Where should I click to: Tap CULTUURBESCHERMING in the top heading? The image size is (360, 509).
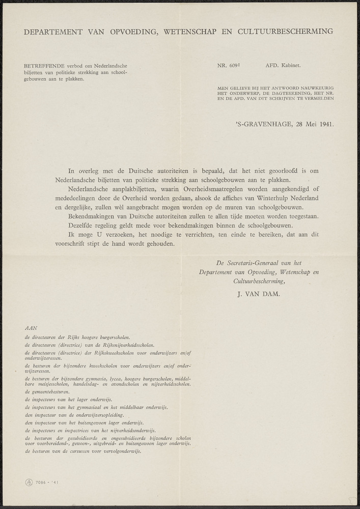point(290,32)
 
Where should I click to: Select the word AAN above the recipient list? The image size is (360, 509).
point(31,328)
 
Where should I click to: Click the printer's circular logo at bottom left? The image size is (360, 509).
point(29,482)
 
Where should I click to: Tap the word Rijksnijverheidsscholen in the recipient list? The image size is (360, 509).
point(125,345)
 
